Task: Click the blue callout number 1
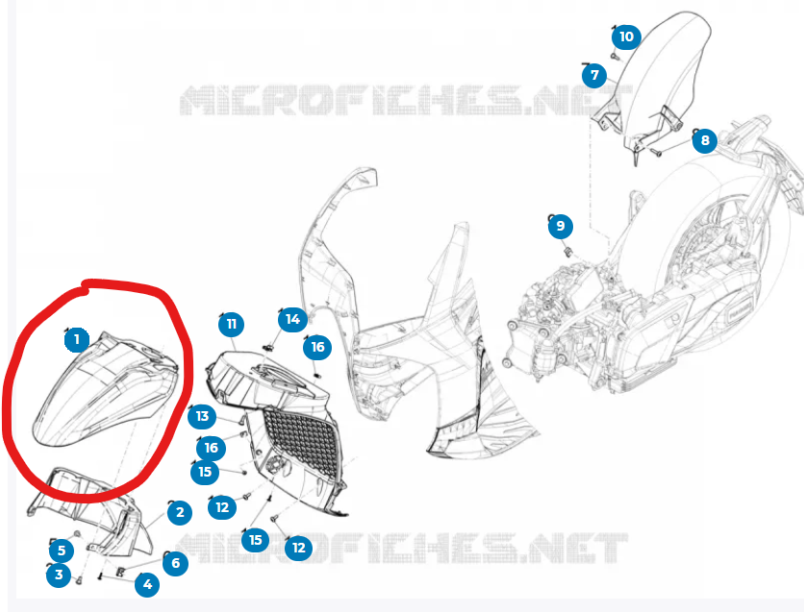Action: pos(77,339)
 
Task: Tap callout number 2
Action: pos(180,512)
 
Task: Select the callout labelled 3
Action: pos(59,575)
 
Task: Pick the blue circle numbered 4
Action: pos(147,584)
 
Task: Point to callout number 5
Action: pos(62,551)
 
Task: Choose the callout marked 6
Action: pos(175,563)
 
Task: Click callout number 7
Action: pos(594,75)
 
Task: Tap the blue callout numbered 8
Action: pos(705,140)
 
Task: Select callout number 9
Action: pos(561,226)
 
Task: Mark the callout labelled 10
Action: pos(626,37)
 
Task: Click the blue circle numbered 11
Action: pos(231,324)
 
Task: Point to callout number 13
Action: pos(203,416)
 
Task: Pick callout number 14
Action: pos(292,320)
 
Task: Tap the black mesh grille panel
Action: pos(302,441)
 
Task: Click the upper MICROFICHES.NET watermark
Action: pos(405,100)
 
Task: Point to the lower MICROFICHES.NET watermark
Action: pos(401,548)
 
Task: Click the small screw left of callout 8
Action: pos(656,152)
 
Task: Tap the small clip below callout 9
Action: pos(568,251)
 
